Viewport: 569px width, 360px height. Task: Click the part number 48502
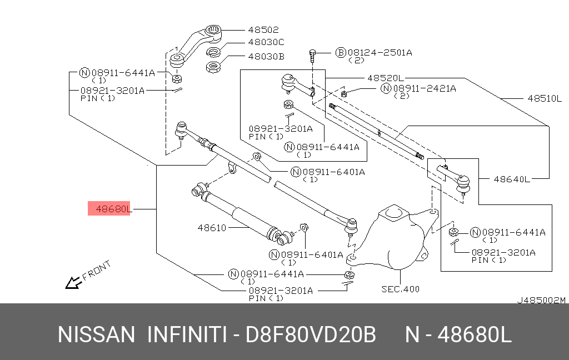coord(263,30)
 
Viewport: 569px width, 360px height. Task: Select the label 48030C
coord(266,42)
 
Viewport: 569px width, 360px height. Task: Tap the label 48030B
coord(266,56)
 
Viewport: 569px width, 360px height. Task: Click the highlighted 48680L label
coord(113,209)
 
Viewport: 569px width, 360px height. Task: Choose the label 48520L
coord(386,78)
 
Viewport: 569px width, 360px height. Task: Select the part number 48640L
coord(512,179)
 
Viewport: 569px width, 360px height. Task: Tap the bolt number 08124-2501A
coord(381,53)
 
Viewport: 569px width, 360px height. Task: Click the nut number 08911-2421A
coord(425,88)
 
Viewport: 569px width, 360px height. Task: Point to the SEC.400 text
coord(400,289)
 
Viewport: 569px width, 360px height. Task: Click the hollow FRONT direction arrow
coord(72,283)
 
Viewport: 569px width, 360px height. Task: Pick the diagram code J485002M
coord(541,300)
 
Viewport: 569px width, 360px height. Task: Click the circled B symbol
coord(341,53)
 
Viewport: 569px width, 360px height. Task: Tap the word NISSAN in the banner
coord(96,336)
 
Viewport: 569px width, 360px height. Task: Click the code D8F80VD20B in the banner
coord(311,336)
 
